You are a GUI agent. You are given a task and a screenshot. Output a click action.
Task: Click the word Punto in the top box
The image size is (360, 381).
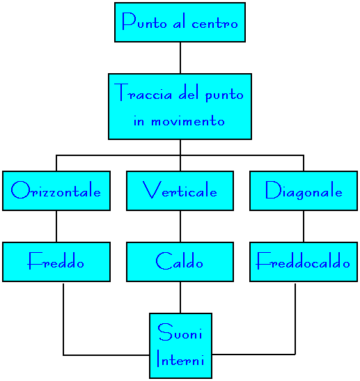click(x=144, y=22)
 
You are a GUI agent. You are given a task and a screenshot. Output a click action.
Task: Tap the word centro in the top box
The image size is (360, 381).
click(x=214, y=24)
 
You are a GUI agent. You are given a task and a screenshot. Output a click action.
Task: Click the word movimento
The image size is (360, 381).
click(x=188, y=120)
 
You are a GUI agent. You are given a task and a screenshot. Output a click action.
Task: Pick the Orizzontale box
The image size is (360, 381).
click(x=56, y=191)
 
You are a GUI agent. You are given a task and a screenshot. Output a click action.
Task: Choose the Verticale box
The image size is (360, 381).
click(x=180, y=191)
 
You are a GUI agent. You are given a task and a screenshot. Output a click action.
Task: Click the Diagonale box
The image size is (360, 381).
click(x=304, y=191)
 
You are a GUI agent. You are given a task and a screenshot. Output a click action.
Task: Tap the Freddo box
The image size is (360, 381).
click(x=56, y=262)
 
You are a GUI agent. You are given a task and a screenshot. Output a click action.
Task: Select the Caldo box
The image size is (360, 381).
click(x=180, y=262)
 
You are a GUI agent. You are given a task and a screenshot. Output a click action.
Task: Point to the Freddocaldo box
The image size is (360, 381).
click(x=304, y=262)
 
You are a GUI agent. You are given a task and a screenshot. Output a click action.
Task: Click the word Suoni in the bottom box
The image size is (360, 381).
click(x=180, y=332)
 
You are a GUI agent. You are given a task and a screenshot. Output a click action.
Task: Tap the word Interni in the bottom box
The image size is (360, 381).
click(x=180, y=358)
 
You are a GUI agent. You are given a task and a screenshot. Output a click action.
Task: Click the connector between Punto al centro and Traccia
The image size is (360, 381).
click(x=180, y=58)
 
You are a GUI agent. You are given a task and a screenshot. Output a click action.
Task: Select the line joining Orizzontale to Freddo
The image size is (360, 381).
click(x=56, y=226)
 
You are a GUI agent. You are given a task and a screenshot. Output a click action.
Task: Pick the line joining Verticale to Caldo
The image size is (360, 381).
click(x=180, y=226)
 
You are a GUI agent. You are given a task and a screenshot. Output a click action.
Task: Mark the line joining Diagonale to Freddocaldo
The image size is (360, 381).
click(x=304, y=226)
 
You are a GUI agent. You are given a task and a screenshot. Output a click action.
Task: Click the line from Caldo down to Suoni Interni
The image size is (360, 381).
click(x=180, y=297)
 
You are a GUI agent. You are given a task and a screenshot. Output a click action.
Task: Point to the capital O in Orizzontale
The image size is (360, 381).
click(x=20, y=189)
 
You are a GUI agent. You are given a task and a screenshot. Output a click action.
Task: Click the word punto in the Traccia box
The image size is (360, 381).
click(x=224, y=95)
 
